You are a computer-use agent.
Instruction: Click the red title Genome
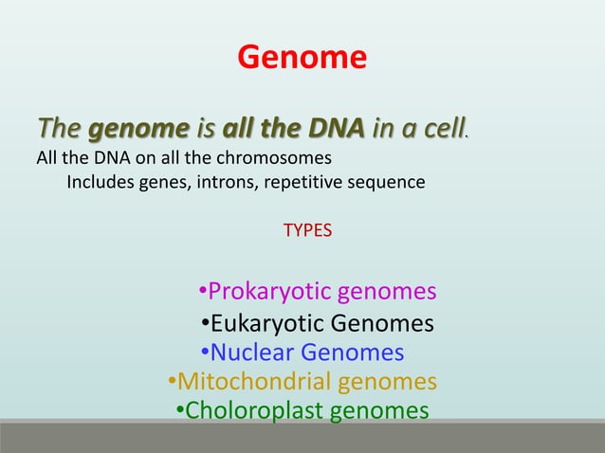click(302, 59)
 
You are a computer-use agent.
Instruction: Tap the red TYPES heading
click(308, 229)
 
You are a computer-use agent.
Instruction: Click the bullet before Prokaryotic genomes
click(202, 291)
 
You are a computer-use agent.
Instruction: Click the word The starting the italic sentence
click(59, 128)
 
